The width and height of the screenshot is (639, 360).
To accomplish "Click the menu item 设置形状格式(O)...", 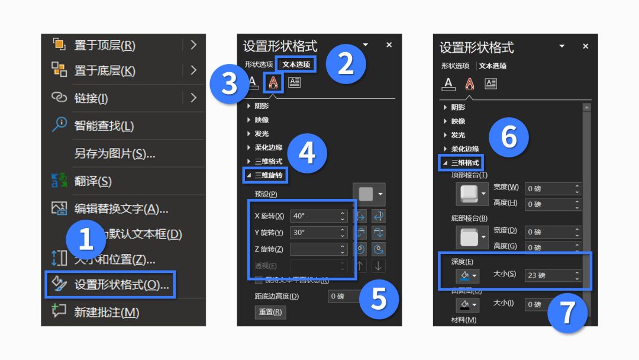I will (x=121, y=285).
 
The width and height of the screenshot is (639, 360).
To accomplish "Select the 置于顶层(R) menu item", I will (x=104, y=46).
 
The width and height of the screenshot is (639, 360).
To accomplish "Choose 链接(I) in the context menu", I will (x=91, y=98).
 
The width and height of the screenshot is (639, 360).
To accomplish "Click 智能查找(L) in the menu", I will (x=104, y=126).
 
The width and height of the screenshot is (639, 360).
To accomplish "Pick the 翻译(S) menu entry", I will (x=92, y=181).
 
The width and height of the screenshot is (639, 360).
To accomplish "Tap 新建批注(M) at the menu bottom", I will (x=106, y=312).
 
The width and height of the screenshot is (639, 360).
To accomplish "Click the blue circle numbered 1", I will (x=86, y=239).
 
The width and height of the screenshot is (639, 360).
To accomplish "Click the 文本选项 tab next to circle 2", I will (x=296, y=64).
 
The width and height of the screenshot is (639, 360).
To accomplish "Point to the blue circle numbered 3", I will (x=230, y=84).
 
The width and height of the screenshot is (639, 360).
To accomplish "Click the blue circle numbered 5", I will (x=378, y=299).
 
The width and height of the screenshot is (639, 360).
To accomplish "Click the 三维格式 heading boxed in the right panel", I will (x=465, y=162).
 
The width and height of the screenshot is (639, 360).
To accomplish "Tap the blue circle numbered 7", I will (x=567, y=312).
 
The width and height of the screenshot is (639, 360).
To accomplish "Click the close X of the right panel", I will (x=585, y=46).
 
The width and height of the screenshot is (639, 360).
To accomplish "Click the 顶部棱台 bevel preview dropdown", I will (x=472, y=194).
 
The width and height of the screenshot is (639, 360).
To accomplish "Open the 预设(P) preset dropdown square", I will (x=369, y=194).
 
